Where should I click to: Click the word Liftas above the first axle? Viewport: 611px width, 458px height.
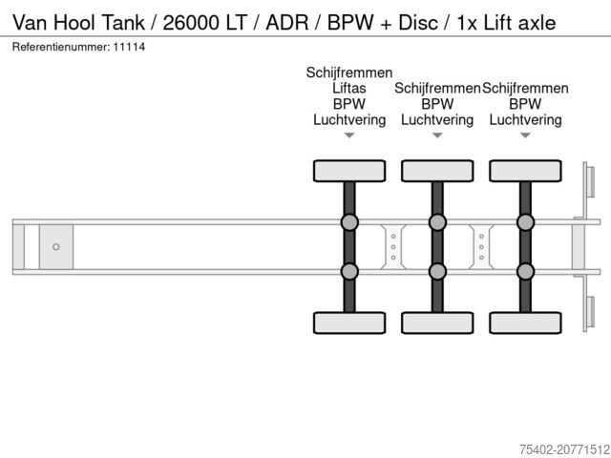[x=349, y=88]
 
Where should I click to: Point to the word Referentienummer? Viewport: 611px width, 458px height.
[x=59, y=47]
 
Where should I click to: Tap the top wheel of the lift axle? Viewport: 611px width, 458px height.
[x=349, y=171]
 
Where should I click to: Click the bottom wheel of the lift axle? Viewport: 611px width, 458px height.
[x=349, y=323]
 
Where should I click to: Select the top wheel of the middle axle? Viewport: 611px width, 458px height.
[x=437, y=171]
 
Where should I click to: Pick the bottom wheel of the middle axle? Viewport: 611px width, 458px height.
[x=437, y=323]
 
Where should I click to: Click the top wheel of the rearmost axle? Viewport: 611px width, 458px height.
[x=525, y=171]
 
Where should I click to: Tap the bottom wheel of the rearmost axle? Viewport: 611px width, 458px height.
[x=525, y=323]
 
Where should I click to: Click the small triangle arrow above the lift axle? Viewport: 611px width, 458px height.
[x=349, y=135]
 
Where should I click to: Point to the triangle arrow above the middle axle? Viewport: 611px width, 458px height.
[x=437, y=135]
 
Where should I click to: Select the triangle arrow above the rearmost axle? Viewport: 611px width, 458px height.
[x=525, y=135]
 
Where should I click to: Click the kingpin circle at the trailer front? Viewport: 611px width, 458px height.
[x=56, y=247]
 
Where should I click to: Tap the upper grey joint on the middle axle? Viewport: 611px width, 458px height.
[x=437, y=222]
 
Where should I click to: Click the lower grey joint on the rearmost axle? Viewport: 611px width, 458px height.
[x=525, y=272]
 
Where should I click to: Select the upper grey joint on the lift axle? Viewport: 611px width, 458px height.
[x=349, y=222]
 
